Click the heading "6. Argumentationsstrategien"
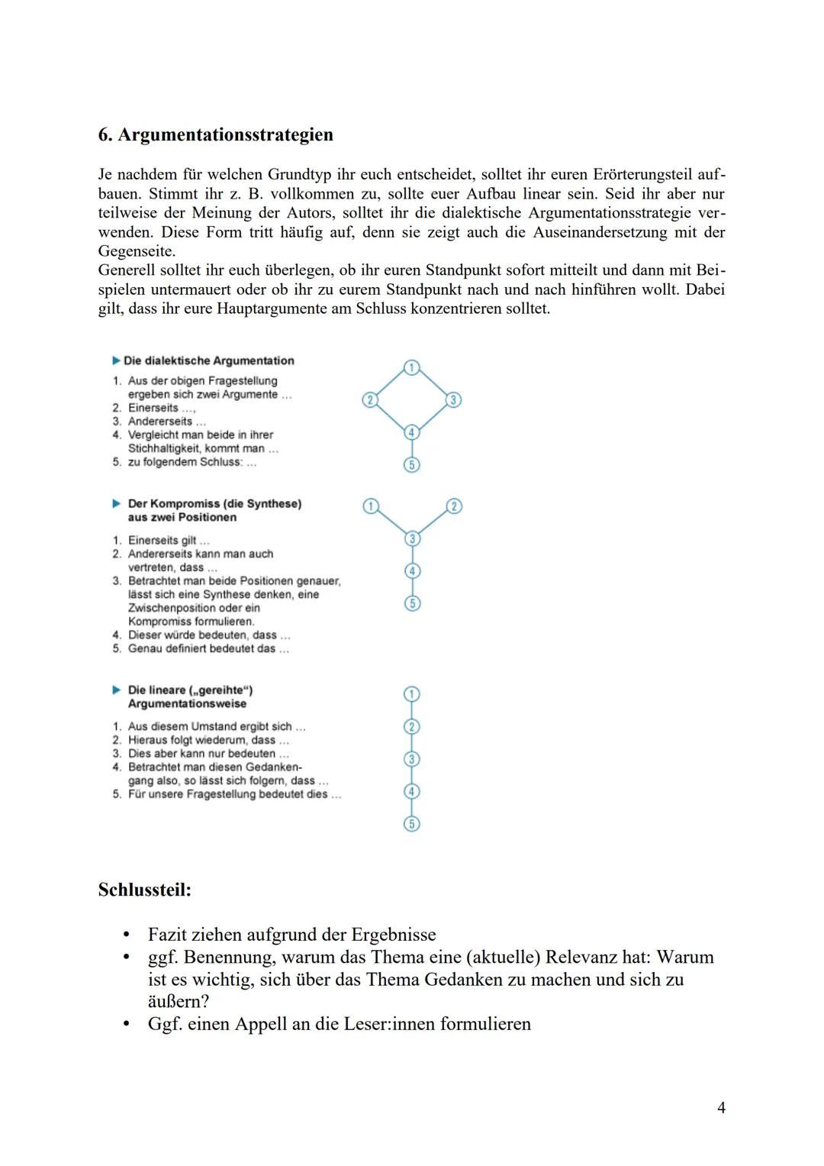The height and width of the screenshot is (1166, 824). point(216,135)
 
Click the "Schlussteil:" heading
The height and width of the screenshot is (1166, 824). point(144,890)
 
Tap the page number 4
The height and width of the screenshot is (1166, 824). point(721,1107)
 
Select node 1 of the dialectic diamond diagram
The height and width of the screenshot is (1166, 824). point(411,367)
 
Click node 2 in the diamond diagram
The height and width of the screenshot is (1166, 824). point(369,400)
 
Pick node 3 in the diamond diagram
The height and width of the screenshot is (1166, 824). point(453,400)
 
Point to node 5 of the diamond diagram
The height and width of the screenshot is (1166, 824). point(411,464)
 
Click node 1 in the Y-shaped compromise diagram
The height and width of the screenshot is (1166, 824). point(370,506)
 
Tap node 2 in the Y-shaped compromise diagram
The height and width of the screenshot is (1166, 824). point(453,506)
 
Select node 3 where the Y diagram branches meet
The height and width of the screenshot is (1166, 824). point(412,539)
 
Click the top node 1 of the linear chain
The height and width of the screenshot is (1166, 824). point(411,694)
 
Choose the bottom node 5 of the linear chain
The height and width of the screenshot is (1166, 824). point(411,823)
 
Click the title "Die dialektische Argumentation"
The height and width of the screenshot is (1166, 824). point(208,361)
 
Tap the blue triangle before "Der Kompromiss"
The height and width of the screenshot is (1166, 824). point(117,504)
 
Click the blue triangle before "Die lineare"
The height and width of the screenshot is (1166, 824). point(117,690)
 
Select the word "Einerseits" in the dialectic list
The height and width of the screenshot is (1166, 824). point(153,408)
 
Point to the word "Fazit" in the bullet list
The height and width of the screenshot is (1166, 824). point(171,935)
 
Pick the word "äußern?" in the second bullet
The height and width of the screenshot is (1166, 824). point(178,1002)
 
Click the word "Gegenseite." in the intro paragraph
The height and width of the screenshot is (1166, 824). point(137,251)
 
